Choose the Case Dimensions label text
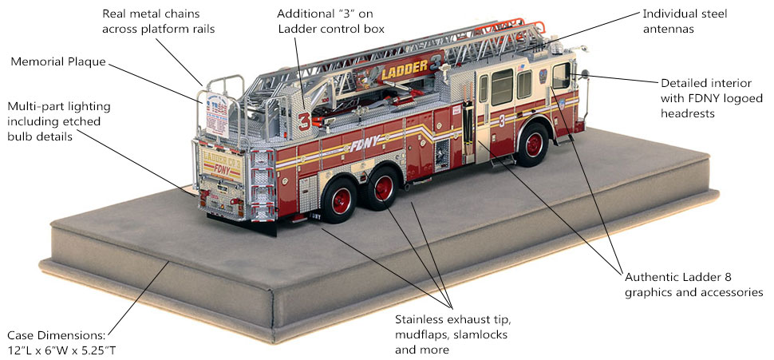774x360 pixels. (55, 334)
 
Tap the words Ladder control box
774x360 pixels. (330, 30)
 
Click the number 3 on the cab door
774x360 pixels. (501, 121)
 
